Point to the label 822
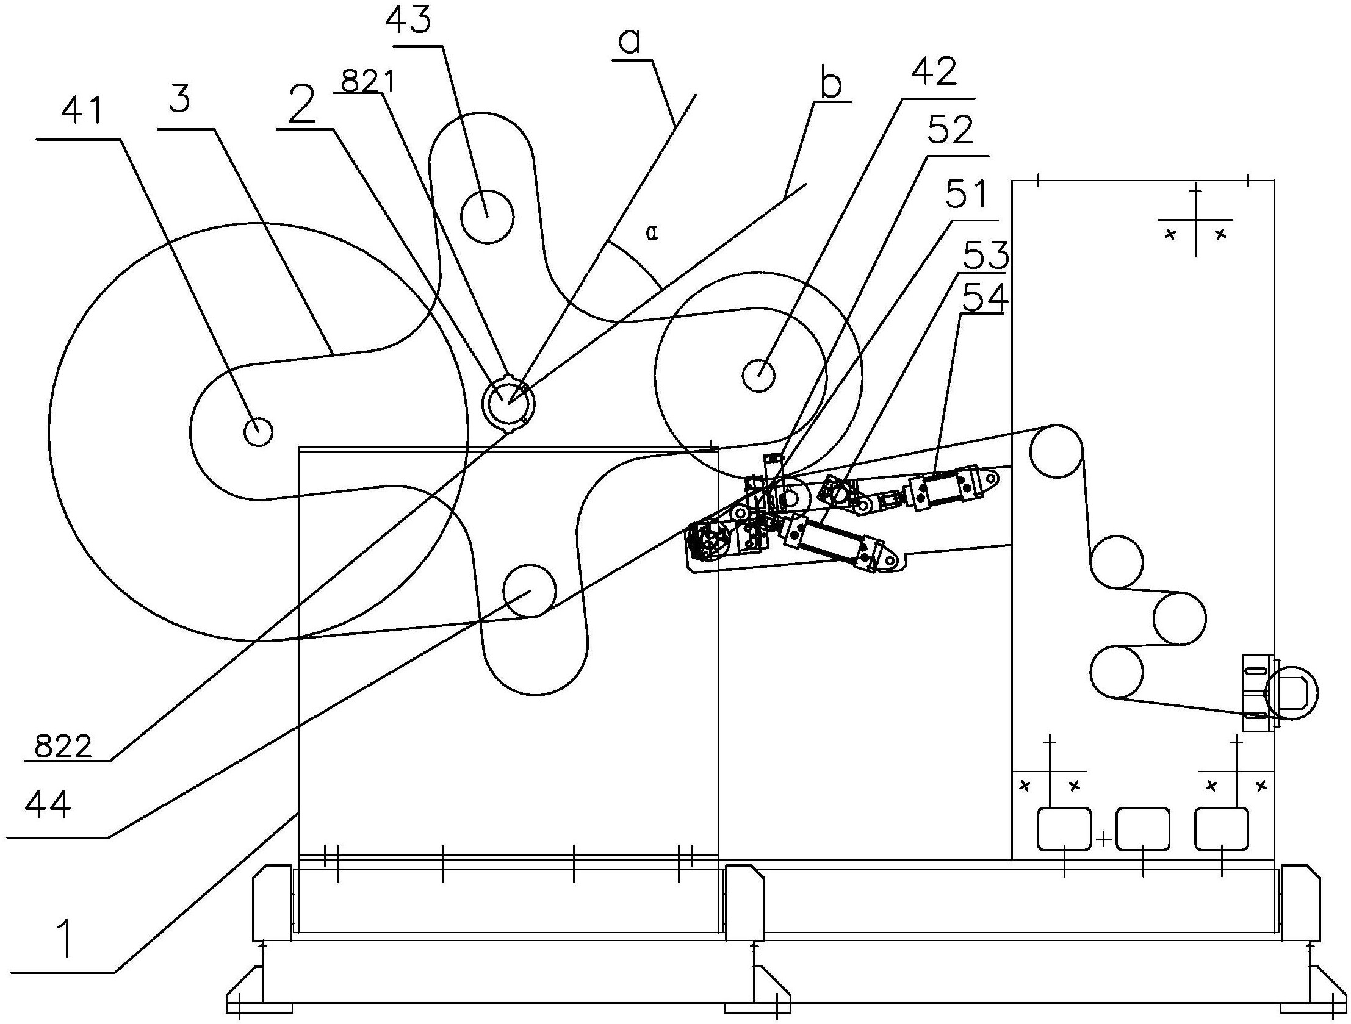[x=63, y=746]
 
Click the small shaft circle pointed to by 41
[x=258, y=432]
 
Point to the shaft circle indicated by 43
[x=487, y=215]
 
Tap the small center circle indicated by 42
[x=758, y=374]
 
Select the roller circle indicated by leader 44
[x=530, y=590]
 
